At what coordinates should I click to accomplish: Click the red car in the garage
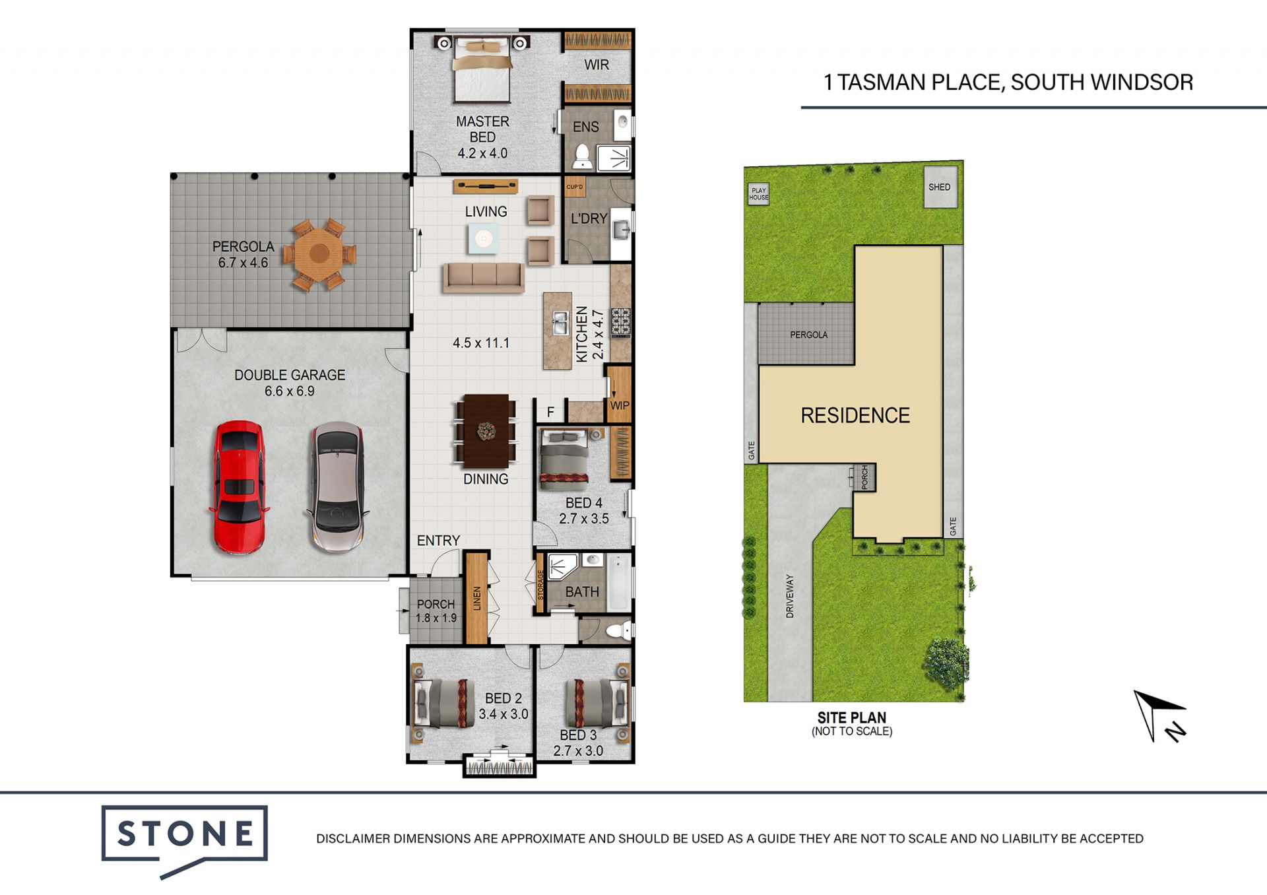pyautogui.click(x=239, y=487)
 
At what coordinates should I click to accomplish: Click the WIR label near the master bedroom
pyautogui.click(x=597, y=65)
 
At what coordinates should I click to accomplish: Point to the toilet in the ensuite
pyautogui.click(x=582, y=157)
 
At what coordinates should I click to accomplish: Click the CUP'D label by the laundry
pyautogui.click(x=575, y=187)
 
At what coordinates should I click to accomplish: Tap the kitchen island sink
pyautogui.click(x=560, y=323)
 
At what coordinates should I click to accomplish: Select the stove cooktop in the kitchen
pyautogui.click(x=621, y=323)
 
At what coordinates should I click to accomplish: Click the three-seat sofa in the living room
pyautogui.click(x=484, y=277)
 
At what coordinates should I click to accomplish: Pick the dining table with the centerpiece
pyautogui.click(x=486, y=430)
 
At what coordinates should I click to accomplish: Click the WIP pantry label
pyautogui.click(x=620, y=405)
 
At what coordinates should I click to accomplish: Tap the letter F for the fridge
pyautogui.click(x=550, y=413)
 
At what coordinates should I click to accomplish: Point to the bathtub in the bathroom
pyautogui.click(x=619, y=582)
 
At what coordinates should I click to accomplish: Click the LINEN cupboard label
pyautogui.click(x=477, y=599)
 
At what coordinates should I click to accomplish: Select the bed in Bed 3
pyautogui.click(x=596, y=704)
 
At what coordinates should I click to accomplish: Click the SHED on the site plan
pyautogui.click(x=940, y=187)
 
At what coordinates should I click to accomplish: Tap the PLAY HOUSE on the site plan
pyautogui.click(x=759, y=194)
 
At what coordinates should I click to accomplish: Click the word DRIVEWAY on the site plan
pyautogui.click(x=790, y=596)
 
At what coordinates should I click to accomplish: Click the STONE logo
pyautogui.click(x=185, y=839)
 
